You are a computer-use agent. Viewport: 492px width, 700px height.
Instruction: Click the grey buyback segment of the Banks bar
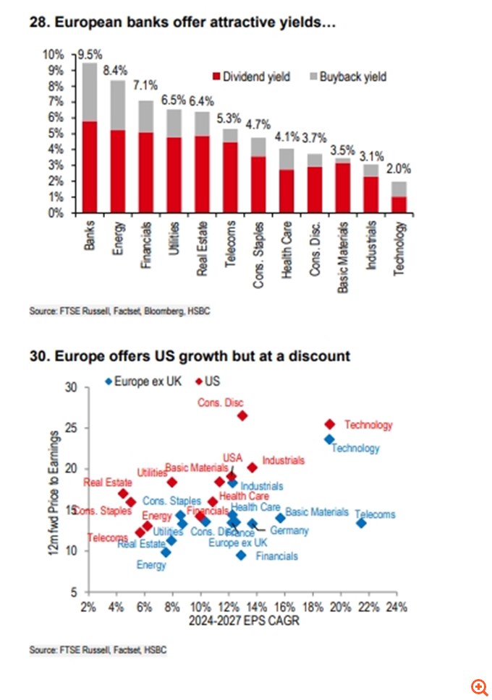pos(90,92)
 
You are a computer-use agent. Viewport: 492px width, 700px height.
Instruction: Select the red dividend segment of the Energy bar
pos(117,172)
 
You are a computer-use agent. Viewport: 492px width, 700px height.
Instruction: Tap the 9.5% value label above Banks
pos(89,54)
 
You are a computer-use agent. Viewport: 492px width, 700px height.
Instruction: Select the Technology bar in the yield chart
pos(399,197)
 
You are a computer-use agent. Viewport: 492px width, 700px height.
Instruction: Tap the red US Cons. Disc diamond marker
pos(242,415)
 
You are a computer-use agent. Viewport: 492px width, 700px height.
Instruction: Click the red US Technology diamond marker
pos(330,424)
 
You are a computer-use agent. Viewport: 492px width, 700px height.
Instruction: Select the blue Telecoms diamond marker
pos(361,522)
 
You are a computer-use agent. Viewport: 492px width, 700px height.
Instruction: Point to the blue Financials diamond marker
pos(241,556)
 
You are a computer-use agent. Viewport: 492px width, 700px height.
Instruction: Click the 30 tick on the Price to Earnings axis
pos(70,387)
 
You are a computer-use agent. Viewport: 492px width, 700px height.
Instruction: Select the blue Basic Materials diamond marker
pos(280,518)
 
